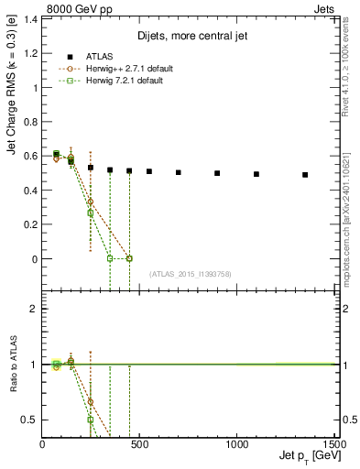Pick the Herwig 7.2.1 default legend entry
coord(124,81)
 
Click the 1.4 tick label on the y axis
coord(30,19)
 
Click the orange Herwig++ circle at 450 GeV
coord(129,258)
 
